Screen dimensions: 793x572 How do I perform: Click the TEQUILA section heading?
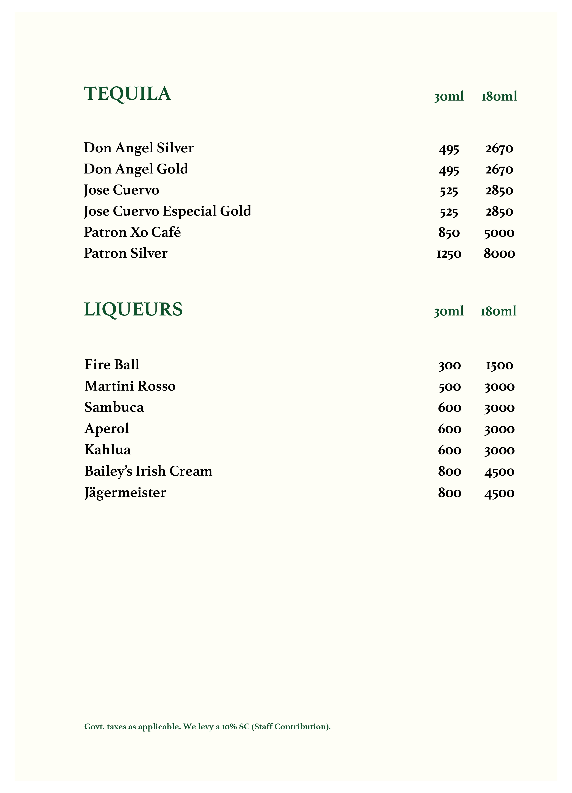[x=127, y=94]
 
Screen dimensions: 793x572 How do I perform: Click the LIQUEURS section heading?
[x=133, y=309]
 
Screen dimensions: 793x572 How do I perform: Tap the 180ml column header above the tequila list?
[x=499, y=96]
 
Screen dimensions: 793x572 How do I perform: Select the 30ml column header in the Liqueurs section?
[x=448, y=311]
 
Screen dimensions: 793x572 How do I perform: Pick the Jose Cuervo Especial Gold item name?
[x=167, y=211]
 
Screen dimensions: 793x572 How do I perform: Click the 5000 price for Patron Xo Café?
[x=499, y=233]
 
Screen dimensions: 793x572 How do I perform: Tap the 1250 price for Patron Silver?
[x=449, y=254]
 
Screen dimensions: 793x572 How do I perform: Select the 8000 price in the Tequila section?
[x=499, y=254]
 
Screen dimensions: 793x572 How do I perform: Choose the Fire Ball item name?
[x=112, y=365]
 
